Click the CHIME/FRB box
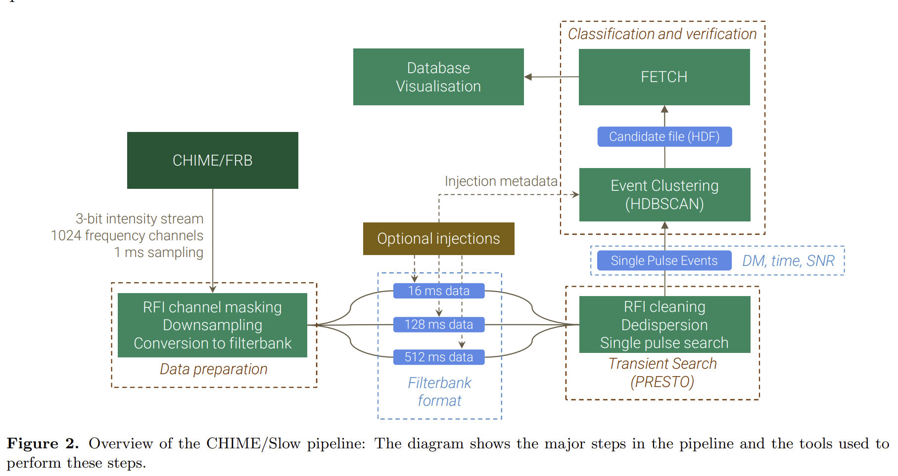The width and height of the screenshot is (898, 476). [x=212, y=160]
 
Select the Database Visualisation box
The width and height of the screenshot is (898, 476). [x=438, y=77]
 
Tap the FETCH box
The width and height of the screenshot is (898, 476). [x=664, y=77]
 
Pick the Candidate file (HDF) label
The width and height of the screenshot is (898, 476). [x=664, y=137]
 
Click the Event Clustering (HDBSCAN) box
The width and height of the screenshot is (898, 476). [x=664, y=195]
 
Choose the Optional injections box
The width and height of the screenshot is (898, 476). [x=438, y=239]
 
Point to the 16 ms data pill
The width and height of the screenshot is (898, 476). [x=438, y=291]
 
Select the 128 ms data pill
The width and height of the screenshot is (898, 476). [x=438, y=324]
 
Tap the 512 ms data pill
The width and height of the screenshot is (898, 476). [x=438, y=357]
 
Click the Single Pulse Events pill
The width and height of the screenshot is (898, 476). [x=664, y=260]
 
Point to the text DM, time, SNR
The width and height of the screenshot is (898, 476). [x=788, y=260]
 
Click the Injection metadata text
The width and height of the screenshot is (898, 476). [x=501, y=181]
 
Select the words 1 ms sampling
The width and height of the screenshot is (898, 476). [x=159, y=253]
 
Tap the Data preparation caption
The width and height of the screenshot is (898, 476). [x=213, y=369]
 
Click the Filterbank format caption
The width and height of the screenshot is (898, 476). [x=439, y=391]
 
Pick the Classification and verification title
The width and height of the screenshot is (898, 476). [x=662, y=34]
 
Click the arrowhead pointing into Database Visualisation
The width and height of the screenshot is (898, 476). [x=528, y=77]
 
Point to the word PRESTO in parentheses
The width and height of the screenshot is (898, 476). [x=662, y=382]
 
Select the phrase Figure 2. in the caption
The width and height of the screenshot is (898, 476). [x=43, y=443]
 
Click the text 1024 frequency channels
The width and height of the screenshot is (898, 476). [x=127, y=236]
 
